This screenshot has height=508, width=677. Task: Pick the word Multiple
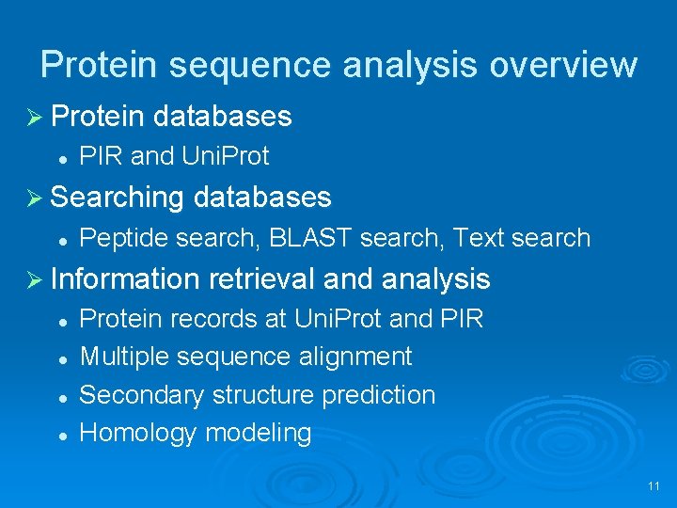coord(125,357)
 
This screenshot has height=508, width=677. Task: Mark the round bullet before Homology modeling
coord(60,435)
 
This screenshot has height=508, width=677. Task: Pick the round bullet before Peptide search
coord(60,240)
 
